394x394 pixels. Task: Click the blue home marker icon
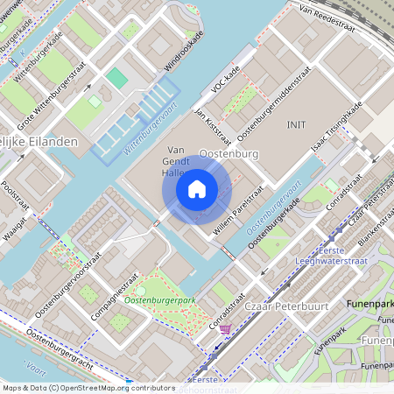[x=197, y=189]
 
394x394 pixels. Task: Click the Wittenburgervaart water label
[x=151, y=128]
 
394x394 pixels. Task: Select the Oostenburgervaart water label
[x=274, y=210]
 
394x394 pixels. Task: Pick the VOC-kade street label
[x=226, y=80]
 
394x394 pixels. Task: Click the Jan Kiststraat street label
[x=212, y=124]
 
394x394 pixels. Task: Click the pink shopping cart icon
[x=226, y=329]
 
